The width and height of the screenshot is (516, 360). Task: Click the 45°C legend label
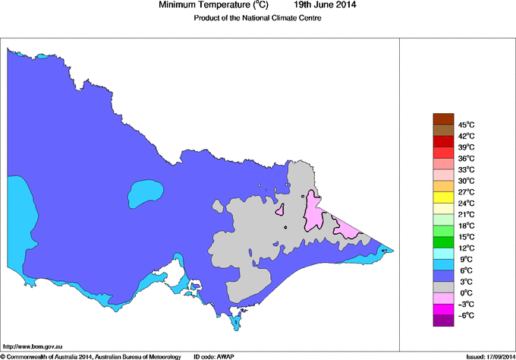coord(466,125)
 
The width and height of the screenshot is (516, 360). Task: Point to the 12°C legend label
coord(466,248)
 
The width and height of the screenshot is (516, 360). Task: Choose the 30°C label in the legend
coord(466,181)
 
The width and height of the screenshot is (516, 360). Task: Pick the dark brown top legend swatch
coord(443,118)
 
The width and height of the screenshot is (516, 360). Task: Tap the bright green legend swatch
coord(443,231)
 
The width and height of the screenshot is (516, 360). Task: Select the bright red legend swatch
coord(443,141)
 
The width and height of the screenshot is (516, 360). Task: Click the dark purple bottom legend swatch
coord(443,321)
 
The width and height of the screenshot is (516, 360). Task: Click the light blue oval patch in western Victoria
coord(144,193)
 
